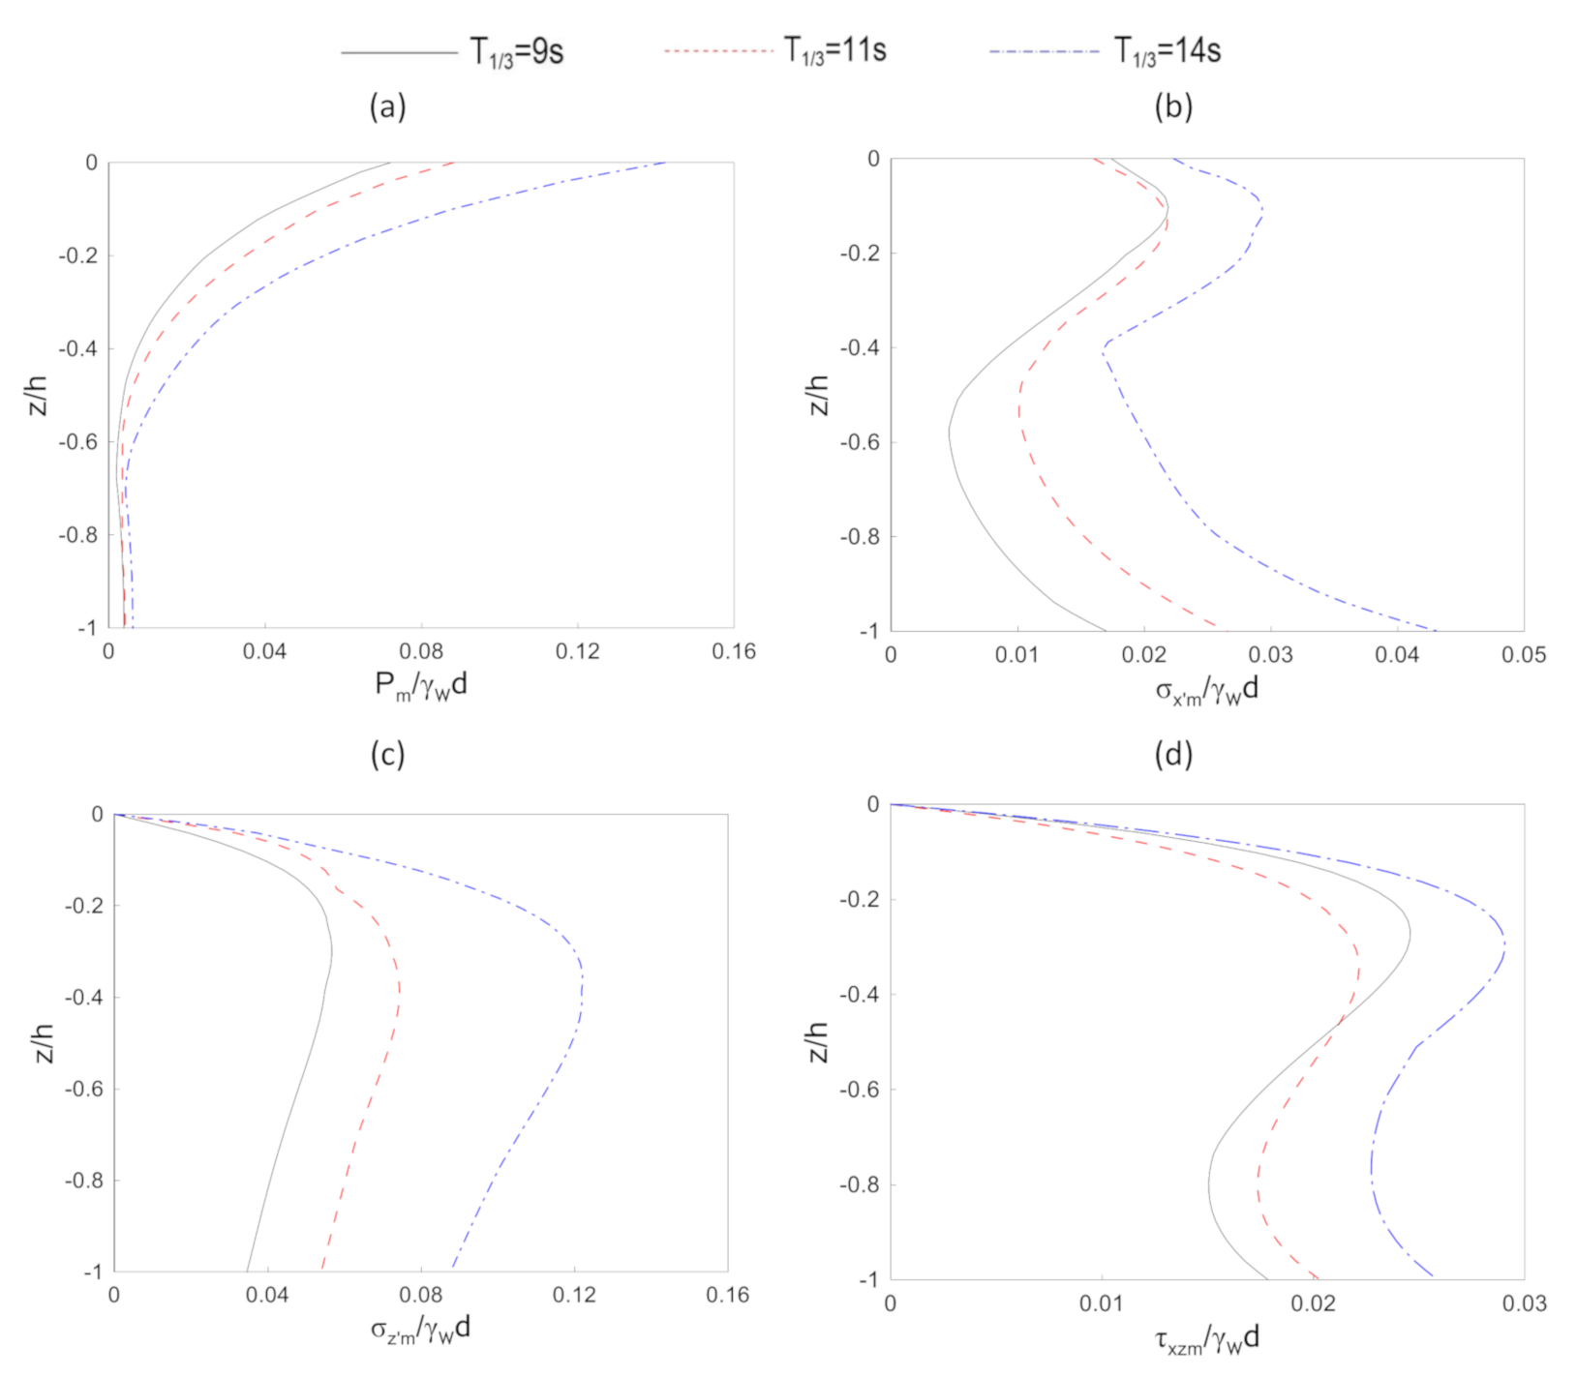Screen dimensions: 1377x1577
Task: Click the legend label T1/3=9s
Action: (x=517, y=51)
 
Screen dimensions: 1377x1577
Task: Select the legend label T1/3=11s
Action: (x=834, y=49)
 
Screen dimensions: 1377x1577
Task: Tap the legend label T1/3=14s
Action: (x=1168, y=50)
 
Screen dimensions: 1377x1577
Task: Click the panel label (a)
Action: (x=387, y=106)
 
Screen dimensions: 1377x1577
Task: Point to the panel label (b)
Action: (x=1173, y=106)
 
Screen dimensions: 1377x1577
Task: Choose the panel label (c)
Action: (x=387, y=754)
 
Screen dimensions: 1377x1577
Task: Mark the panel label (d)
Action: (x=1173, y=754)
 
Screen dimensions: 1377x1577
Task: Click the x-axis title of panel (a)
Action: (x=421, y=686)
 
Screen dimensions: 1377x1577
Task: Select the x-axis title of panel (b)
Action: (x=1206, y=690)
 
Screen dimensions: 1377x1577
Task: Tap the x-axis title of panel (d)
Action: (x=1206, y=1339)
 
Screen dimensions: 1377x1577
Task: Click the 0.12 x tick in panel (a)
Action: (x=577, y=652)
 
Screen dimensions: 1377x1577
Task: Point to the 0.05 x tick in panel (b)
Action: (x=1523, y=655)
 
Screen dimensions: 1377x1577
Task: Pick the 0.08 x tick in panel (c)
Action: (x=421, y=1295)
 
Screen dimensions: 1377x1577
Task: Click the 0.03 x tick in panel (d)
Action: (x=1524, y=1303)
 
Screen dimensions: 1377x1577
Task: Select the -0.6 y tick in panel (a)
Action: (x=77, y=442)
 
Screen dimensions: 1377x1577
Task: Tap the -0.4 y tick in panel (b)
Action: (x=860, y=347)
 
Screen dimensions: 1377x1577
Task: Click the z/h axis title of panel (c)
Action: (x=45, y=1042)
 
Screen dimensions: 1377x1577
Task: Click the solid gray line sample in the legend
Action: (x=399, y=52)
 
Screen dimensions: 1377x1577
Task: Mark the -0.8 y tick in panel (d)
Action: (x=860, y=1184)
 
